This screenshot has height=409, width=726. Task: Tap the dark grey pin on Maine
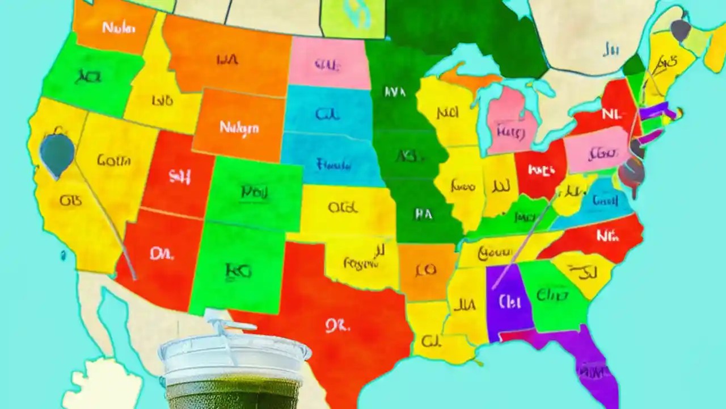coord(679,28)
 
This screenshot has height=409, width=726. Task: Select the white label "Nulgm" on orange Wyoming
coord(239,127)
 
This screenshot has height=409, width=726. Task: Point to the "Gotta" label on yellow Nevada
coord(113,161)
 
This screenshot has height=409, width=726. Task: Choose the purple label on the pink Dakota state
coord(327,65)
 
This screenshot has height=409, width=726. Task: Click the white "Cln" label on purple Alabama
coord(509,301)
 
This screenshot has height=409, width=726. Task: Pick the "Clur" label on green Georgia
coord(552,295)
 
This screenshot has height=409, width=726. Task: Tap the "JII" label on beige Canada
coord(610,50)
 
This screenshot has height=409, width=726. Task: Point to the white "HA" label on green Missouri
coord(423,214)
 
